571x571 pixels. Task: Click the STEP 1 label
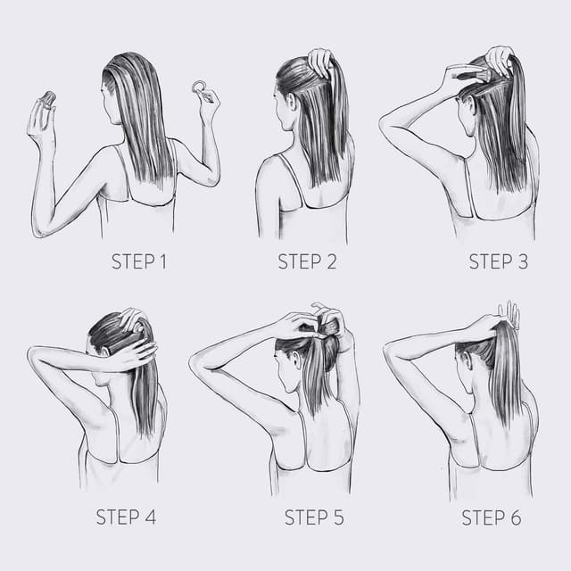click(x=139, y=261)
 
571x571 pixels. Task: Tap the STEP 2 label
click(x=307, y=261)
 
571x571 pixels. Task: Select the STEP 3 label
click(x=498, y=261)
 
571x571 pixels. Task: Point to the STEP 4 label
click(x=126, y=517)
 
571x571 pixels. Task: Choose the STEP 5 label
click(x=314, y=517)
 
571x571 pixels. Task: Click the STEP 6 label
click(x=492, y=517)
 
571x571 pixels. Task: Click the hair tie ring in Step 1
click(x=199, y=87)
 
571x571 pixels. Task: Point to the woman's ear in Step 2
click(x=292, y=103)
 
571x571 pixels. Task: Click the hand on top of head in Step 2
click(x=319, y=62)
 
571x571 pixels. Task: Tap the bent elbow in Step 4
click(x=32, y=353)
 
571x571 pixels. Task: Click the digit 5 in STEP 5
click(x=339, y=517)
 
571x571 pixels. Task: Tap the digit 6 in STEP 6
click(x=516, y=517)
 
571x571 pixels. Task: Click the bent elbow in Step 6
click(x=388, y=351)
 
